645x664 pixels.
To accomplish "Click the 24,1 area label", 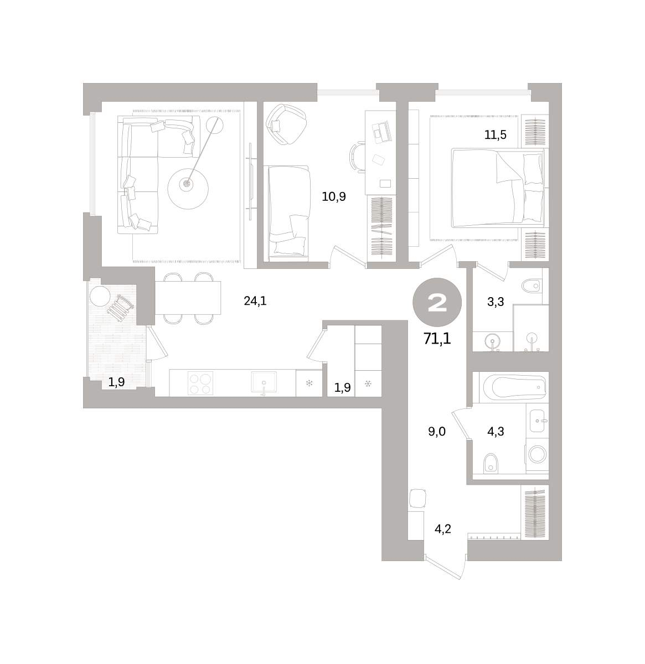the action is [255, 300].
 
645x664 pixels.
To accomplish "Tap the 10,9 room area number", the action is [334, 196].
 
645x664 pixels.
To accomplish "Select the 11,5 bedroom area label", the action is [495, 135].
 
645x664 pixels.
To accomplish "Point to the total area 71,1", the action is [437, 339].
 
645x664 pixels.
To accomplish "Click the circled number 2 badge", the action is [437, 302].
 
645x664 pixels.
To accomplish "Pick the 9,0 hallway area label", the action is [437, 432].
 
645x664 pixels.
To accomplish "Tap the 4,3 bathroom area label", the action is [496, 432].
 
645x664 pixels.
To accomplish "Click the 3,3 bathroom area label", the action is [496, 302].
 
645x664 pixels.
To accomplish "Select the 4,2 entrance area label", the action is [443, 529].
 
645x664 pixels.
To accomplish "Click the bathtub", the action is [514, 387].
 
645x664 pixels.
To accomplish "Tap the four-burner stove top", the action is [200, 383].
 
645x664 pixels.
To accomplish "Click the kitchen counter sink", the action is [264, 382].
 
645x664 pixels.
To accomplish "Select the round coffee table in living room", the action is [188, 189].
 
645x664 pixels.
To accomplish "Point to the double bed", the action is [498, 188].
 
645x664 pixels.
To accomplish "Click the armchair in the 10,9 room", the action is [286, 124].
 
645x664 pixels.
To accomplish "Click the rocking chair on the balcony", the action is [120, 308].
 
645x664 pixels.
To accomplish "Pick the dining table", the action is [188, 298].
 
